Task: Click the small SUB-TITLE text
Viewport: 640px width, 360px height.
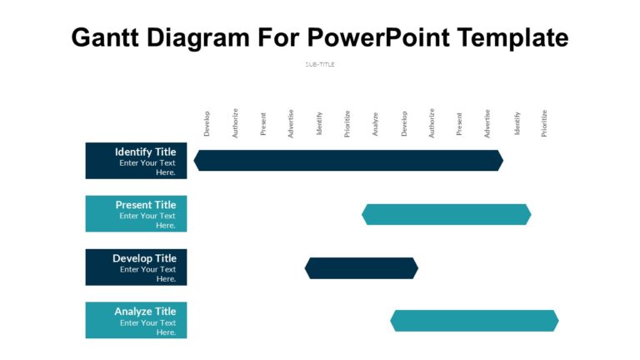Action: (x=320, y=64)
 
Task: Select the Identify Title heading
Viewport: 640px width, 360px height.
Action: (x=145, y=152)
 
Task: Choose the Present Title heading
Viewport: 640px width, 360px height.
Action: (x=145, y=205)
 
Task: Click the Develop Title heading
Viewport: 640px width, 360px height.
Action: (x=144, y=258)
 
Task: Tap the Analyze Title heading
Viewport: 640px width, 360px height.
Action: (x=145, y=312)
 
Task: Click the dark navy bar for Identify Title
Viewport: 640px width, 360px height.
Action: (x=348, y=161)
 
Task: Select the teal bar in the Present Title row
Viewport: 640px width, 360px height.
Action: (x=446, y=214)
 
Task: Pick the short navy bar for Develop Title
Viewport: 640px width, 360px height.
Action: (x=361, y=267)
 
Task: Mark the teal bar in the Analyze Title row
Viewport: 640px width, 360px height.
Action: (x=474, y=321)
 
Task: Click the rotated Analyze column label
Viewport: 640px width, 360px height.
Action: (x=376, y=123)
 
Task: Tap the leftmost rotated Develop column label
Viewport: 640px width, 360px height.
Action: (x=207, y=123)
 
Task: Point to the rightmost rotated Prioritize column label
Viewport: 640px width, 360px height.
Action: (x=544, y=123)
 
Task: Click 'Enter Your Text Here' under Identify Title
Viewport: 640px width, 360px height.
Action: (x=147, y=167)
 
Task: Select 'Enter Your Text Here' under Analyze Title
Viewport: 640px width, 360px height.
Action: (x=147, y=327)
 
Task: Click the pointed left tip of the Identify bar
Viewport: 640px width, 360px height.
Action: (x=195, y=161)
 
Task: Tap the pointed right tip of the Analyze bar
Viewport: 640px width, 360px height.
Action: (x=557, y=321)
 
